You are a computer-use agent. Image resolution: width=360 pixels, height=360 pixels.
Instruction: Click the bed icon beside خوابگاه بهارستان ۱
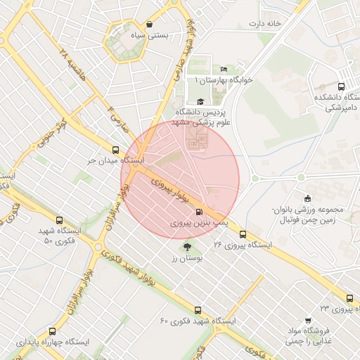click(x=224, y=69)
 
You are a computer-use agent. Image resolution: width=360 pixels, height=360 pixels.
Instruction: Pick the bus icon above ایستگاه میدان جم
click(x=115, y=149)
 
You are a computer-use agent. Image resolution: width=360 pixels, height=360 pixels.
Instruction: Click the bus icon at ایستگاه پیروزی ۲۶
click(x=243, y=234)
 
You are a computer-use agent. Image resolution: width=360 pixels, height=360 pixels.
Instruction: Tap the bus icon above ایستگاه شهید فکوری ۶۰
click(x=198, y=309)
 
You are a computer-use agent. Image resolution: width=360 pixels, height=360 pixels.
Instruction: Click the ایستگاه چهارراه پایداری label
click(x=53, y=342)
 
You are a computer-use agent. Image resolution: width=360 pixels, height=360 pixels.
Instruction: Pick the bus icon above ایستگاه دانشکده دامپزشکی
click(x=342, y=86)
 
